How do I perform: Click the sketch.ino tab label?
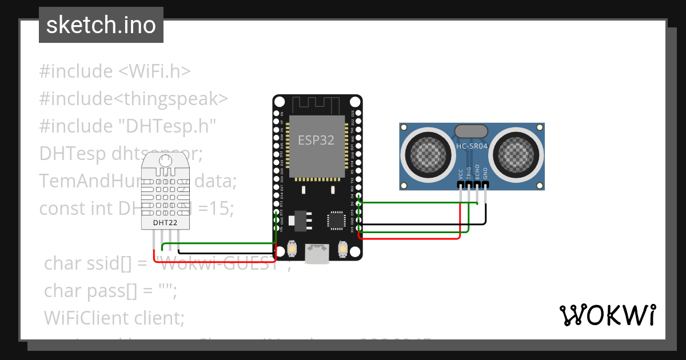[101, 25]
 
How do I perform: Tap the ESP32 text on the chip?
[316, 140]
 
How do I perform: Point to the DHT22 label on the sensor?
[165, 222]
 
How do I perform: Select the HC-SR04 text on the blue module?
[472, 146]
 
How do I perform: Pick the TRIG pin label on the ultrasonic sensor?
[469, 174]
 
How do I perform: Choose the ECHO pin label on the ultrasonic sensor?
[477, 174]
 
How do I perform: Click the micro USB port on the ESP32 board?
[317, 254]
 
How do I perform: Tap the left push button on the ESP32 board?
[292, 249]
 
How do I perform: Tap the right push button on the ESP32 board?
[343, 249]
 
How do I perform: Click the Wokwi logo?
[607, 315]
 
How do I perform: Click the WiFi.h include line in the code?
[115, 71]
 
